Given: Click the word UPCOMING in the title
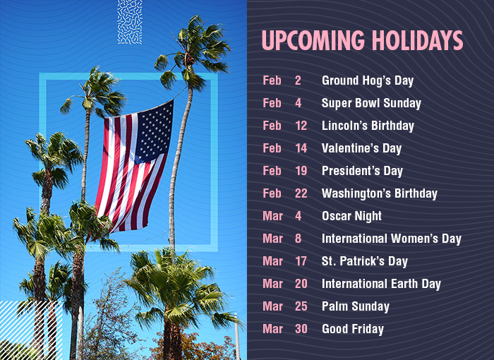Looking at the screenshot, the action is tap(313, 40).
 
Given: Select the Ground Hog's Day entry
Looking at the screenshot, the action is tap(368, 80).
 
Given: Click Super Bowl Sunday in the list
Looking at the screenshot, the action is tap(371, 103).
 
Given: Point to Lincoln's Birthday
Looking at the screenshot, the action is tap(368, 126).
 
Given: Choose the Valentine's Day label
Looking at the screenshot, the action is tap(361, 148).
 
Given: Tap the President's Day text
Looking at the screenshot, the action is tap(362, 171).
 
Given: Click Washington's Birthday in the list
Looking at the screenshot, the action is tap(380, 193).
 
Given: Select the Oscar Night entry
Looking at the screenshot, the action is tap(351, 216).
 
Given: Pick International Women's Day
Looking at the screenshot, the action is tap(391, 239).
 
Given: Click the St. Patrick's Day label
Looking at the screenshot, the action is tap(365, 261).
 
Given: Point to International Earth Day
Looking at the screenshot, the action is tap(381, 284).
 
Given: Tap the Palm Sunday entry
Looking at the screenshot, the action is tap(356, 306).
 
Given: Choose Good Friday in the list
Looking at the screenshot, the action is tap(353, 329).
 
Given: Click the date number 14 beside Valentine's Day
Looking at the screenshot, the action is tap(301, 148).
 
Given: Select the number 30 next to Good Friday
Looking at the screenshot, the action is tap(301, 329).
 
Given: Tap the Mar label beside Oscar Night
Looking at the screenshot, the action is tap(272, 216).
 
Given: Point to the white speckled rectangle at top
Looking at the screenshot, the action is tap(130, 22).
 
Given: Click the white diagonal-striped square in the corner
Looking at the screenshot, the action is tap(31, 330).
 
